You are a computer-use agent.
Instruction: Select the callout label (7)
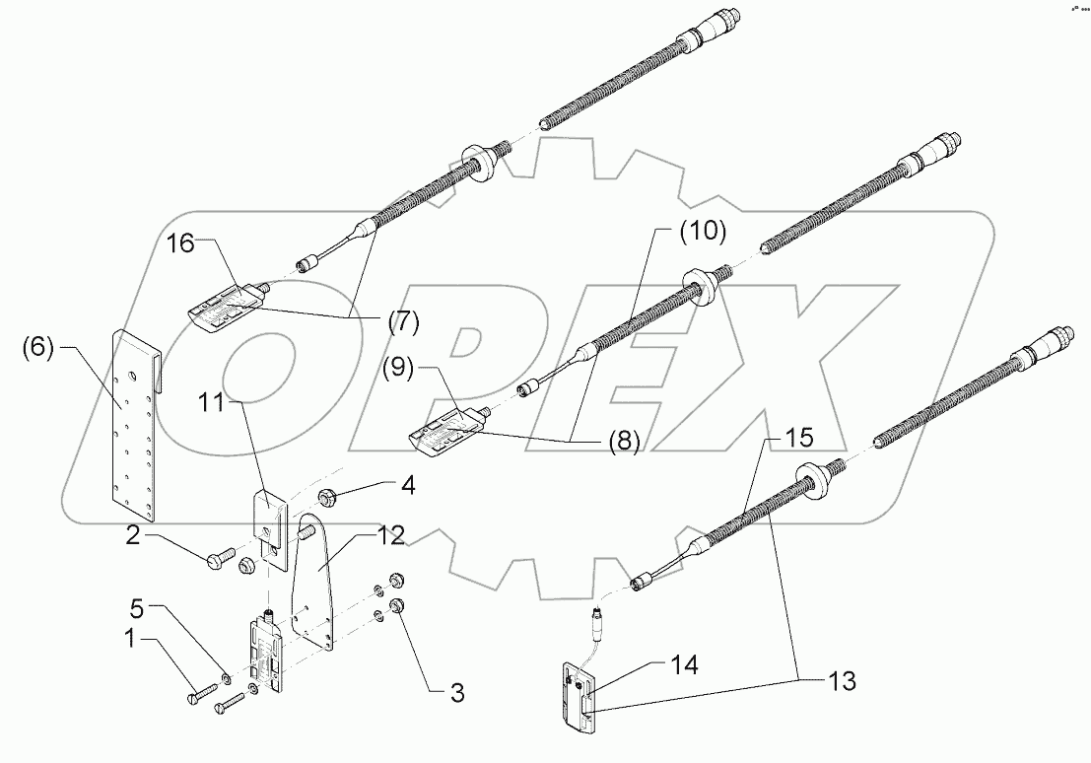click(x=402, y=320)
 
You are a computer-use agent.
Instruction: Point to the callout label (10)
click(x=702, y=233)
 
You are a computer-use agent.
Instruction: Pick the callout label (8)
click(x=622, y=443)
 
